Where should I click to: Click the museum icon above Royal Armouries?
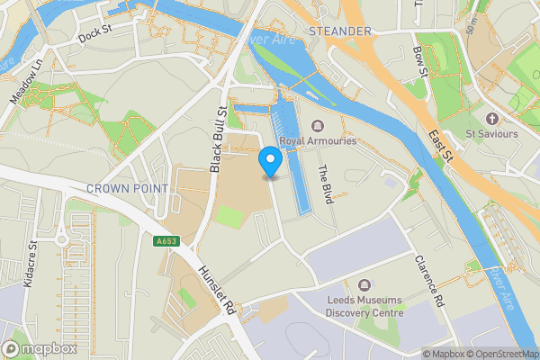316,126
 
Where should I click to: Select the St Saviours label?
492,134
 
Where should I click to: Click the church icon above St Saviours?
491,119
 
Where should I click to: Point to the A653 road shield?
166,241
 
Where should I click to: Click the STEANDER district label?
339,31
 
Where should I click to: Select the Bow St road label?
418,65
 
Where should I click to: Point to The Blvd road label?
326,183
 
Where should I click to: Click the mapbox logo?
36,348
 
